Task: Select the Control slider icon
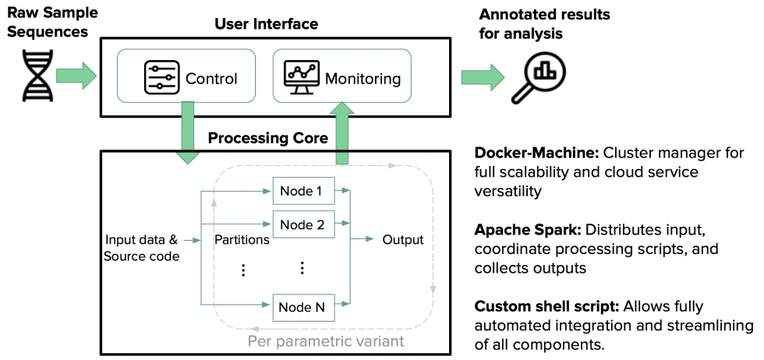161,77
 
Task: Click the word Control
211,78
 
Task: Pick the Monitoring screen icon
301,77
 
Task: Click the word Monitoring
363,79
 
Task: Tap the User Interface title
266,24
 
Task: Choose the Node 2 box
302,224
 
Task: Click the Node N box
302,307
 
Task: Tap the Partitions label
242,239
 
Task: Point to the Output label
402,239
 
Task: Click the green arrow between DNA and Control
76,76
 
